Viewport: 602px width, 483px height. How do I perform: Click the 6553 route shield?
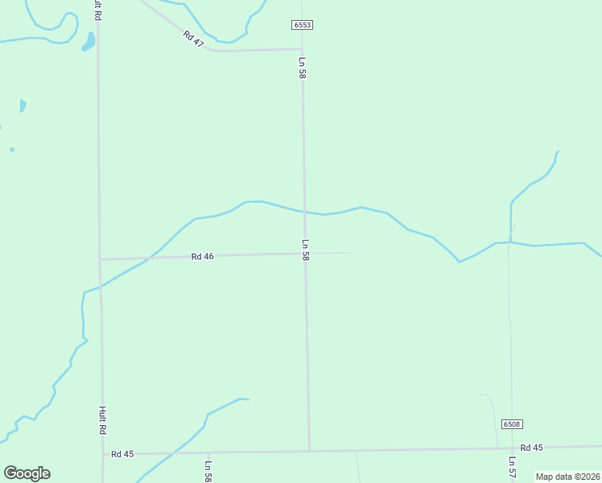coord(302,25)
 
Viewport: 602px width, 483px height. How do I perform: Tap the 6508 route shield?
coord(511,424)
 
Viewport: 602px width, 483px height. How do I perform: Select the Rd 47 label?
coord(193,39)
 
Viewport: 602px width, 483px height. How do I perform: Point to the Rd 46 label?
coord(202,257)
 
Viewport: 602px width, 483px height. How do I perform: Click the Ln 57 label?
coord(512,468)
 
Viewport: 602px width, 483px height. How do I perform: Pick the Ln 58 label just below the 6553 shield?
coord(303,68)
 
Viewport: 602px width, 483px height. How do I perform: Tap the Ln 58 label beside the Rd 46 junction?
coord(306,249)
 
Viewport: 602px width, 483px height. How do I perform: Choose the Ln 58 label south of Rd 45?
coord(208,471)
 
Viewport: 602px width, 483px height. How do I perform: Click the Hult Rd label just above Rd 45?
coord(103,420)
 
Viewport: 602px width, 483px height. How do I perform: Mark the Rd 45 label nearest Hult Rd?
coord(122,454)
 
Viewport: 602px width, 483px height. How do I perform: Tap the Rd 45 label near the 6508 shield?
coord(531,448)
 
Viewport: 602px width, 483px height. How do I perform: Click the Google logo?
coord(27,473)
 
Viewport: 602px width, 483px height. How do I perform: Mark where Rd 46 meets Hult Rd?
coord(100,259)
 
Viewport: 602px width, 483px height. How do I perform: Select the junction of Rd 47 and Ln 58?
coord(302,49)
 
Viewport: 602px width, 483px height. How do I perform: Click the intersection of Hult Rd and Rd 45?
coord(102,454)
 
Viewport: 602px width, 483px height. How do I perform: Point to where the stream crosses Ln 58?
coord(304,212)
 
